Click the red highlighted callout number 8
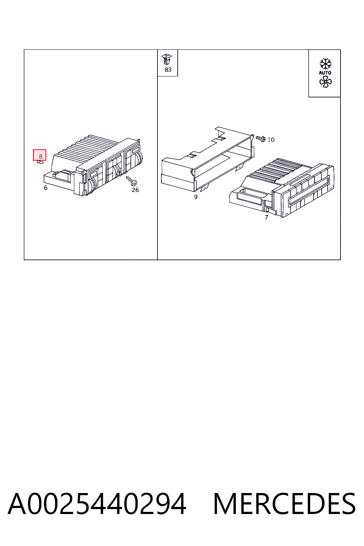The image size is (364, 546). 39,155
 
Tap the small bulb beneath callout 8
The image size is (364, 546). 40,162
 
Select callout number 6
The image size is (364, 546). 45,188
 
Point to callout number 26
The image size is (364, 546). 135,190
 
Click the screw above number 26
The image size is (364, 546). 132,181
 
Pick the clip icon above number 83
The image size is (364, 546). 167,59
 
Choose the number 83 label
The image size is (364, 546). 168,70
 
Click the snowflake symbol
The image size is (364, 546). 326,64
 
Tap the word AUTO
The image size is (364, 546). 325,73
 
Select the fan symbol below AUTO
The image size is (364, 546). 326,82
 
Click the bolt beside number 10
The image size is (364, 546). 261,138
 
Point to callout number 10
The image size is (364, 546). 271,140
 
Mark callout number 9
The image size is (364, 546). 196,197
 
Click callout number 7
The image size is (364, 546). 267,217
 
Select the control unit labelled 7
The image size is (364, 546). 282,188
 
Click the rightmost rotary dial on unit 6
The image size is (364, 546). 139,159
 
